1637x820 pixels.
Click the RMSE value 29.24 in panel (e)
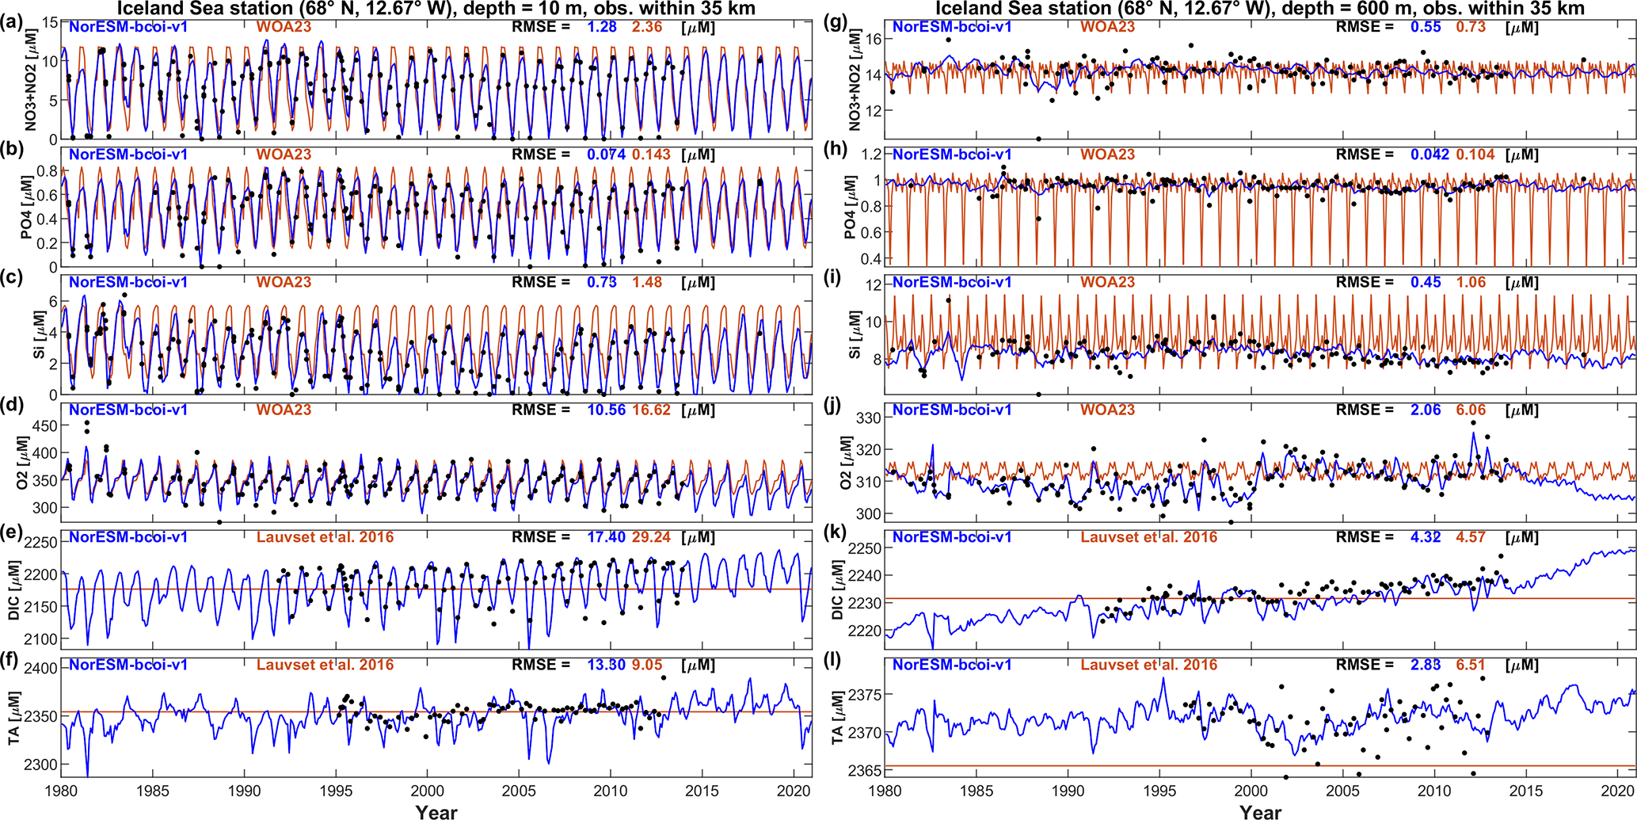coord(651,537)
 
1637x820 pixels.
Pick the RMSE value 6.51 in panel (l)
coord(1471,665)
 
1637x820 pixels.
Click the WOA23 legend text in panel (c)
coord(284,282)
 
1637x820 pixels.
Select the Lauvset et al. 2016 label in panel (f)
coord(325,665)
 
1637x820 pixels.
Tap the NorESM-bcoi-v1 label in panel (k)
coord(952,537)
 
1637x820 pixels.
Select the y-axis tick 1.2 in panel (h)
coord(870,154)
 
